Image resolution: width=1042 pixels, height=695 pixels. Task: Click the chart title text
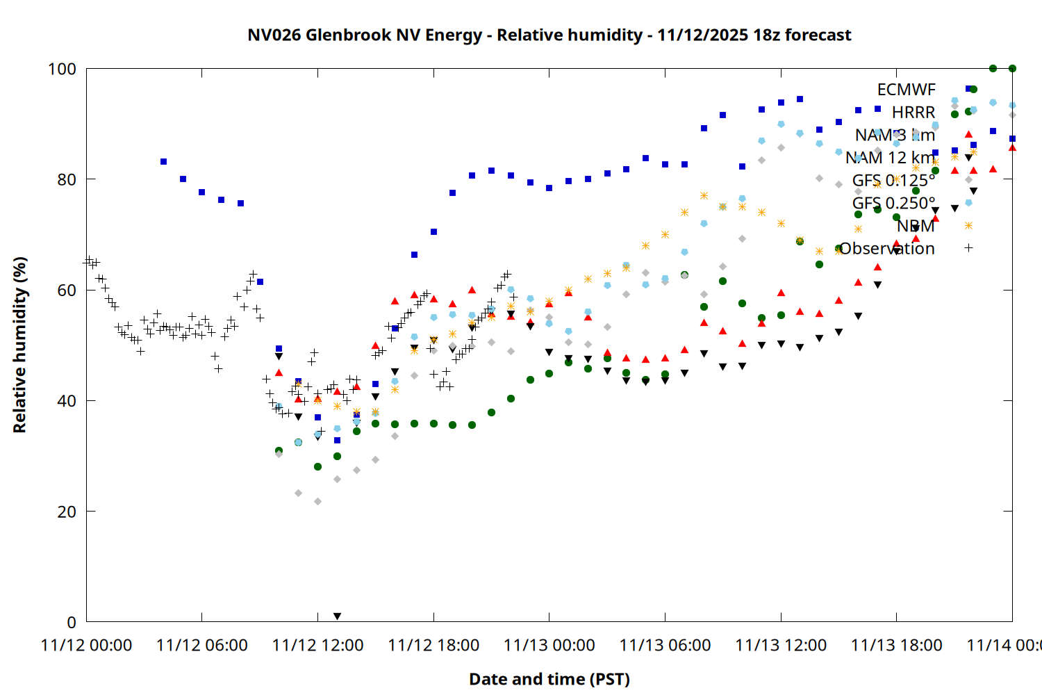coord(549,35)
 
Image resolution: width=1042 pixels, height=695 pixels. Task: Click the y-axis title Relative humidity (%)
coord(19,345)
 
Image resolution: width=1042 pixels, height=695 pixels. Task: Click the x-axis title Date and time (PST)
coord(549,679)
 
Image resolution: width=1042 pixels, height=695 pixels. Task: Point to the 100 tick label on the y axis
coord(62,69)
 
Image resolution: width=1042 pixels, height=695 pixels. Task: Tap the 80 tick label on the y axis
coord(67,179)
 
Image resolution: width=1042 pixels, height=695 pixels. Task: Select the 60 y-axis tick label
coord(67,290)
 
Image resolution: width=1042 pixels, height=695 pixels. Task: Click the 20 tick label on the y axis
coord(67,512)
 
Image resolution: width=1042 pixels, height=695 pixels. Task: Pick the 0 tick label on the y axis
coord(72,622)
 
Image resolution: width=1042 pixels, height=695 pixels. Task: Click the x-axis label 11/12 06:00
coord(202,645)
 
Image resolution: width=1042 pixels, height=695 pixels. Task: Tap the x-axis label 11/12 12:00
coord(318,645)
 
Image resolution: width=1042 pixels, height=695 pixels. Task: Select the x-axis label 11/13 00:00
coord(549,645)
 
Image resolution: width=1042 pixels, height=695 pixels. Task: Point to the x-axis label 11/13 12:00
coord(781,645)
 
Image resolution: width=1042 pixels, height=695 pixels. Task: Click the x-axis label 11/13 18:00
coord(897,645)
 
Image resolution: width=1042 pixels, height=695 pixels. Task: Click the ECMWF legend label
coord(906,90)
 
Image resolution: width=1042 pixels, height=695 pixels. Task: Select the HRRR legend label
coord(913,113)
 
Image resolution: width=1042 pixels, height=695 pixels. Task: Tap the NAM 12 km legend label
coord(890,158)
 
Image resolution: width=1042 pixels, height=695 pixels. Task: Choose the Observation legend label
coord(887,248)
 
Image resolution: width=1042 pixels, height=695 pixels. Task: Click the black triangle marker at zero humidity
coord(337,616)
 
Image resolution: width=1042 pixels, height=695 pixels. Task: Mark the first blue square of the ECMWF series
coord(163,161)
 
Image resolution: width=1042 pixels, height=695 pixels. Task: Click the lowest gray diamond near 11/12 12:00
coord(317,501)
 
